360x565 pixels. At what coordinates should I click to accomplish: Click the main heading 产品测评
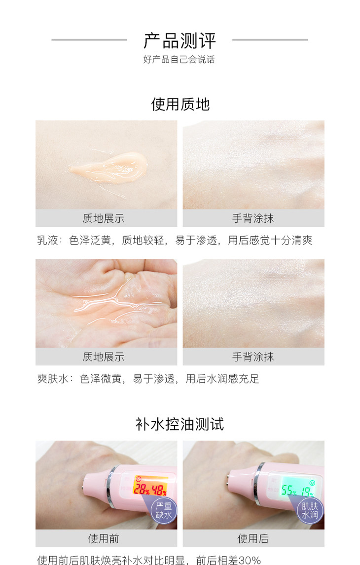point(180,40)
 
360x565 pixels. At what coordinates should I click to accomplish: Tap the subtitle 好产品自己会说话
point(179,60)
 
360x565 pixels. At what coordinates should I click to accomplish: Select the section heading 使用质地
point(180,105)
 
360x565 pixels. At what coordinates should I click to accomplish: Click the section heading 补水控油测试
point(180,424)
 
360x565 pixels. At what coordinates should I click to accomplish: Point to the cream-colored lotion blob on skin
point(108,169)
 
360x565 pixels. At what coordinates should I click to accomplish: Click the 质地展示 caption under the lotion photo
point(104,218)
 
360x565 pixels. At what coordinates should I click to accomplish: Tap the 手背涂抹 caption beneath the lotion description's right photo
point(253,218)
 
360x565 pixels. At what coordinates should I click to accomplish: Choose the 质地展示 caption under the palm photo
point(104,357)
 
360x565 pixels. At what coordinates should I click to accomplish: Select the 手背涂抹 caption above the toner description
point(253,357)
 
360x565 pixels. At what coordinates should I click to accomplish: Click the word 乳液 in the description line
point(47,240)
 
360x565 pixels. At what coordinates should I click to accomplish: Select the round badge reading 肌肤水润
point(310,510)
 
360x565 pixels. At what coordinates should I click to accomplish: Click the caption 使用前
point(104,539)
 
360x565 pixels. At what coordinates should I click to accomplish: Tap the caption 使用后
point(253,539)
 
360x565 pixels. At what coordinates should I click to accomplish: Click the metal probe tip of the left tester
point(85,481)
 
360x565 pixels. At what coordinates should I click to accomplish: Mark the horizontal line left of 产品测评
point(89,39)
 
